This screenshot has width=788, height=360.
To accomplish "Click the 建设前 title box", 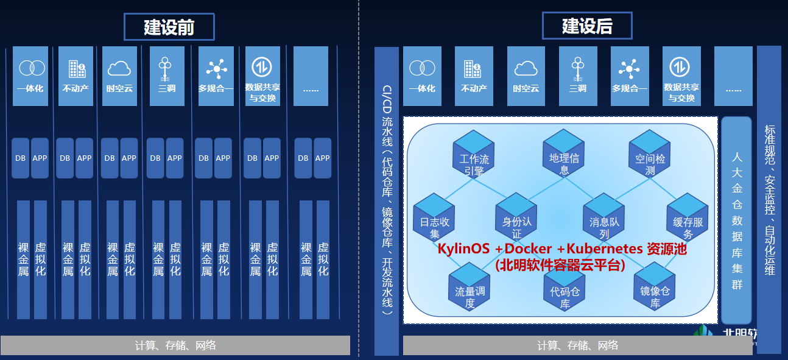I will pyautogui.click(x=169, y=27).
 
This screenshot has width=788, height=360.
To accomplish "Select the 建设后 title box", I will pyautogui.click(x=587, y=26).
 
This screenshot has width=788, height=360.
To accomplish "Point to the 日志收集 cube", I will pyautogui.click(x=434, y=217).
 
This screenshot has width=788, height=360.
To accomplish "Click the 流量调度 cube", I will pyautogui.click(x=470, y=286).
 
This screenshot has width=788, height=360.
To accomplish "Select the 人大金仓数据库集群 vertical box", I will pyautogui.click(x=737, y=220).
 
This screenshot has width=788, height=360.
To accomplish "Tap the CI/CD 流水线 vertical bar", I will pyautogui.click(x=387, y=201).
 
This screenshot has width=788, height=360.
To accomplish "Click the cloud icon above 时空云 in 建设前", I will pyautogui.click(x=119, y=67).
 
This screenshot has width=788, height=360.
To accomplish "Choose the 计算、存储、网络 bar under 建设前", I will pyautogui.click(x=175, y=345).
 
